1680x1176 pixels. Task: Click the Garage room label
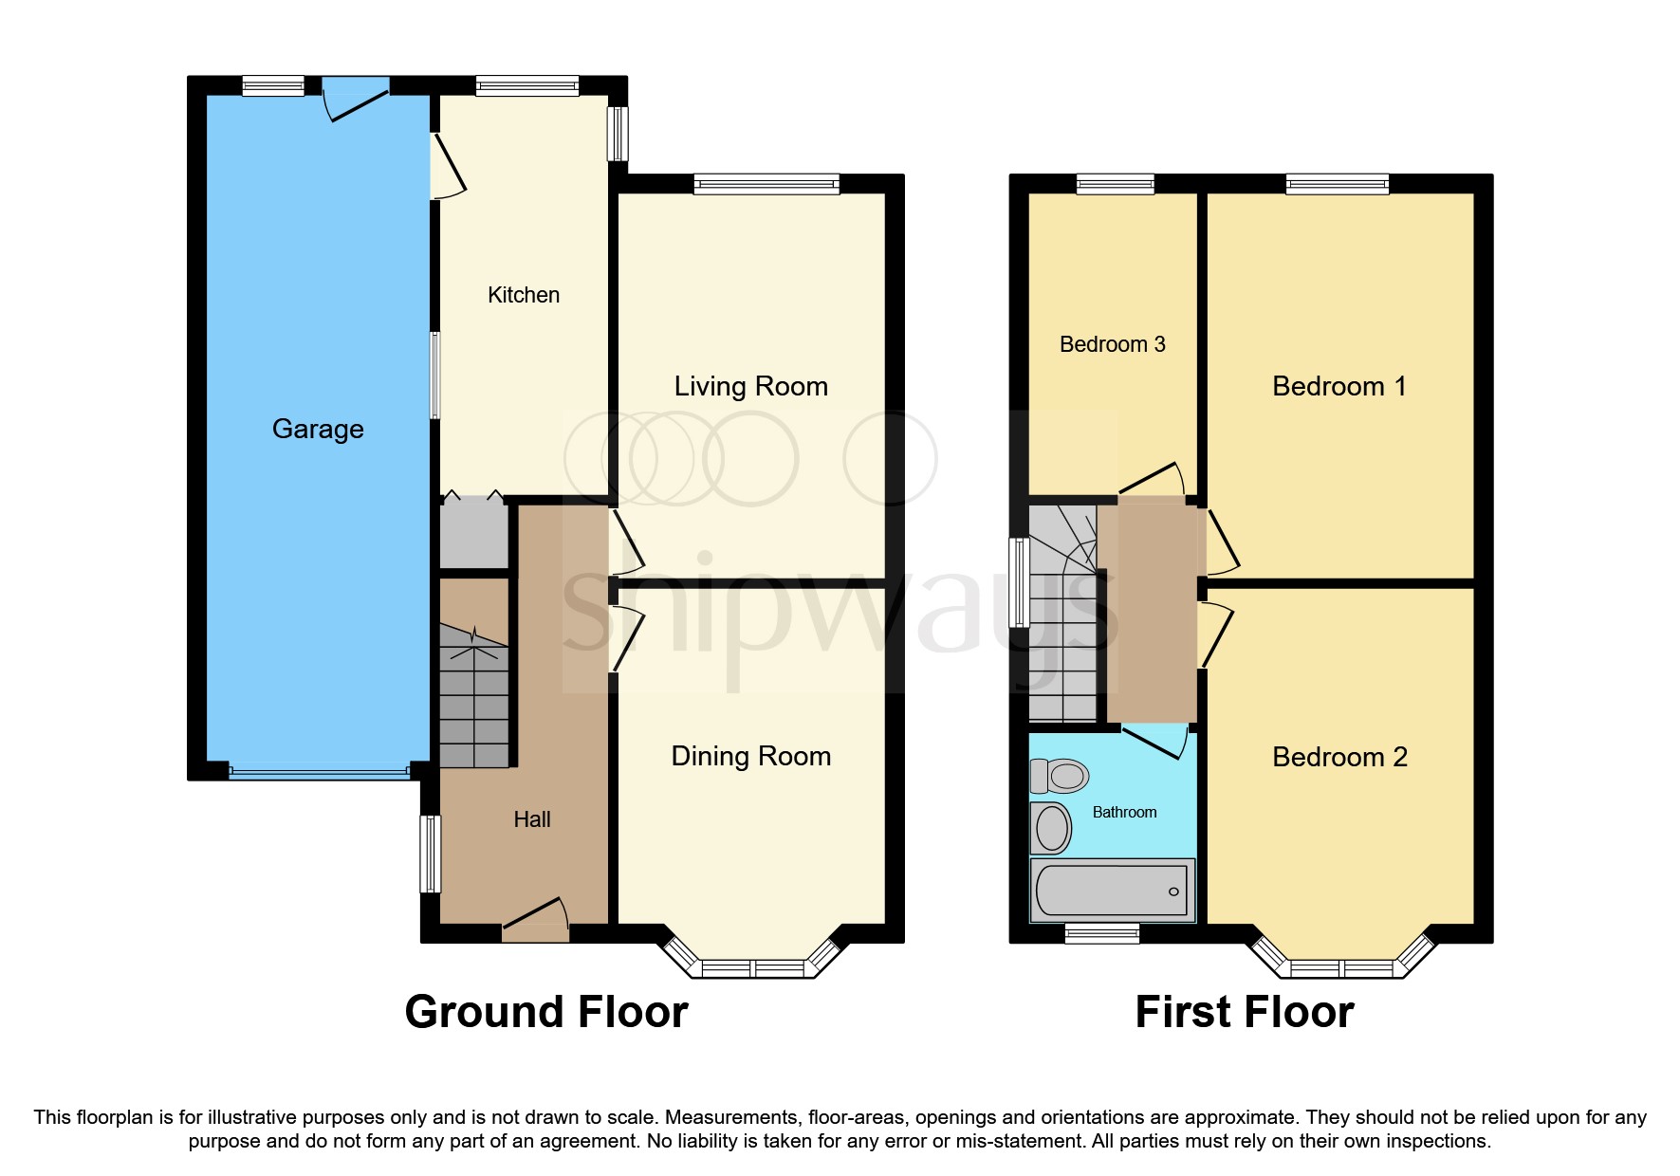tap(318, 429)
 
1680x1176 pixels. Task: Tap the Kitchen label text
tap(523, 295)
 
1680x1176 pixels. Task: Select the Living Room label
tap(750, 386)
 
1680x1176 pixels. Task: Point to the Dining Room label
tap(750, 756)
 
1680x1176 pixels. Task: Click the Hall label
tap(531, 819)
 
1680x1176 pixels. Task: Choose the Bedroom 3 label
tap(1112, 344)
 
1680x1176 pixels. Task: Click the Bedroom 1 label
tap(1338, 386)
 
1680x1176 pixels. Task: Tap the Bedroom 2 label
tap(1338, 757)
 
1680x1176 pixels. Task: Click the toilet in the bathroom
tap(1061, 777)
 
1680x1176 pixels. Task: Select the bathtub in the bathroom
tap(1112, 891)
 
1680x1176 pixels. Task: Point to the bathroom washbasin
tap(1051, 829)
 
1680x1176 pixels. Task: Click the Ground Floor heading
tap(546, 1012)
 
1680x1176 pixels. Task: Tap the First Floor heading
tap(1244, 1012)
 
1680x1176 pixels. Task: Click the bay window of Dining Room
tap(752, 967)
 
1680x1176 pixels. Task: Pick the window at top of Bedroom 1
tap(1337, 184)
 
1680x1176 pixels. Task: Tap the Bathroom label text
tap(1124, 812)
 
